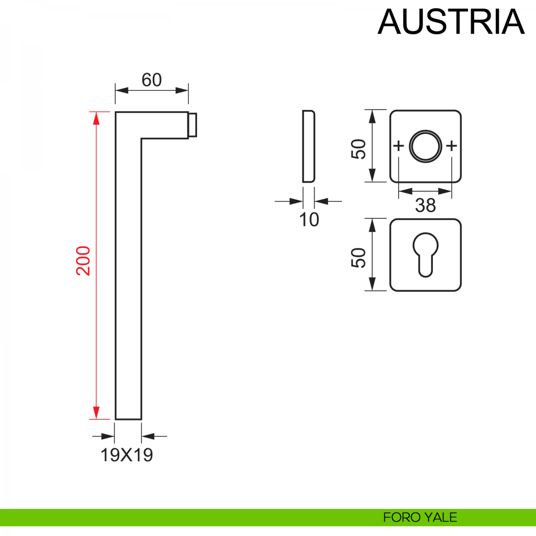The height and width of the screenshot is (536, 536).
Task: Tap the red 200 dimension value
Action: click(x=84, y=260)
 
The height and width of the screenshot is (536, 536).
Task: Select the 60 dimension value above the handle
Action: click(x=151, y=80)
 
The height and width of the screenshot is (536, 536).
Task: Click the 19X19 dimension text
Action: click(x=127, y=455)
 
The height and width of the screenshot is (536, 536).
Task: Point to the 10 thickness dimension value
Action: click(x=309, y=219)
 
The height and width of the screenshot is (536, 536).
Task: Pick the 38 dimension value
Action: click(x=425, y=205)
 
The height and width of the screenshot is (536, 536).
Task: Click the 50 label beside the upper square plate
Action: click(x=358, y=149)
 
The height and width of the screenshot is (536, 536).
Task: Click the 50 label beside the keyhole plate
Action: click(x=358, y=258)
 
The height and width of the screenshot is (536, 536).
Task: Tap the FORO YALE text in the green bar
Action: click(x=420, y=517)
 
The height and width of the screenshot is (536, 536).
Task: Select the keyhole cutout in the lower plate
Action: click(x=425, y=254)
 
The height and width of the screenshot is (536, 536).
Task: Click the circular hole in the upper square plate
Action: click(x=426, y=146)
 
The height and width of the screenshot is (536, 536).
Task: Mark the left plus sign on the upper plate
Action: click(x=398, y=146)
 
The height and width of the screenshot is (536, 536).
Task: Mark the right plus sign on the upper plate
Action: click(x=452, y=146)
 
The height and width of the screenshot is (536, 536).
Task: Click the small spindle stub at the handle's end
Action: click(x=193, y=125)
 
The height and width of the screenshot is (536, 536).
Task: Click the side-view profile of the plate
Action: click(x=309, y=146)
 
